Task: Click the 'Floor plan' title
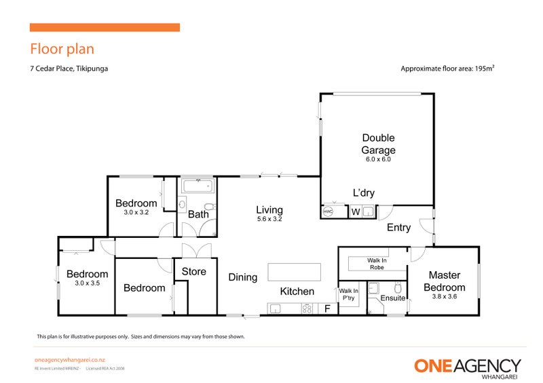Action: click(x=62, y=49)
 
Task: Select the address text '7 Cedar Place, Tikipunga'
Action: click(x=69, y=68)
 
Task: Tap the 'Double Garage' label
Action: click(x=378, y=144)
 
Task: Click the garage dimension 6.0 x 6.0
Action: click(x=378, y=160)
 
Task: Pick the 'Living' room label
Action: click(x=269, y=209)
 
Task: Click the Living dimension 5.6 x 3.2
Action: click(x=269, y=220)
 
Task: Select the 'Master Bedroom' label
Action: click(x=445, y=281)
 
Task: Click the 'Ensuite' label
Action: click(x=393, y=298)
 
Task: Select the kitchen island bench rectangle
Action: click(x=295, y=272)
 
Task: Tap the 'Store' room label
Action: click(x=194, y=272)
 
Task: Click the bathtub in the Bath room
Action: click(x=198, y=186)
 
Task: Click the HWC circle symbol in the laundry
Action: click(x=329, y=211)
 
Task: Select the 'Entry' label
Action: click(x=398, y=228)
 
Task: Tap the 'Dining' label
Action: click(x=243, y=277)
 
